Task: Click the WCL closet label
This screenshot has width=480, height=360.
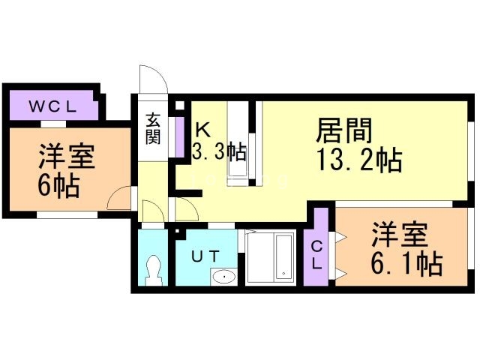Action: click(52, 106)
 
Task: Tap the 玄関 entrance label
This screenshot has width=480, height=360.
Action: click(153, 128)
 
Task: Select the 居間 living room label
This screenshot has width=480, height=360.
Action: click(343, 130)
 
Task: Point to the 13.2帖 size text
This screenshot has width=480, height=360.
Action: click(358, 159)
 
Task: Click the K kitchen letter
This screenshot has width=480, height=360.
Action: click(202, 130)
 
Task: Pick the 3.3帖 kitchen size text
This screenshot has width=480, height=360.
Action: click(219, 151)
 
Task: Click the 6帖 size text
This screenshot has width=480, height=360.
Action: click(58, 186)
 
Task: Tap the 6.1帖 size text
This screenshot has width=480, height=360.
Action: click(406, 263)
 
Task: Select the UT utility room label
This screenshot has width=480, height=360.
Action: click(205, 256)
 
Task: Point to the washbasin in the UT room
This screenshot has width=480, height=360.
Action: click(224, 277)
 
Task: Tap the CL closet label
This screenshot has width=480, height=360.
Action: click(316, 255)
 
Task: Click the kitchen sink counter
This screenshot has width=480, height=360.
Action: click(238, 143)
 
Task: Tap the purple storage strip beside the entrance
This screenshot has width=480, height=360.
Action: click(179, 136)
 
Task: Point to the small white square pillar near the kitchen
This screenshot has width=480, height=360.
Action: click(180, 105)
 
